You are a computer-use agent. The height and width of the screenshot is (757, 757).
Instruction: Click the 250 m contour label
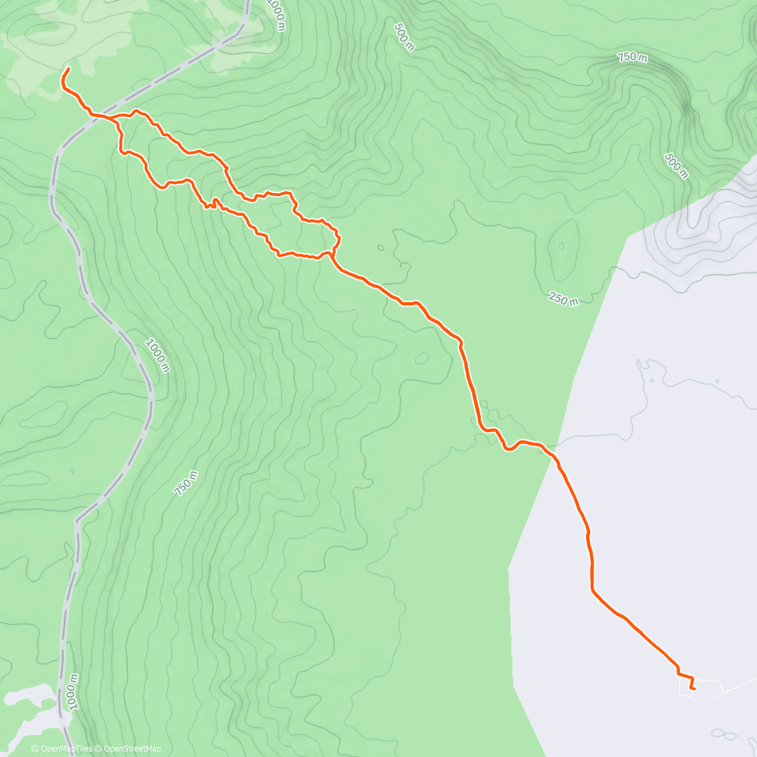click(563, 298)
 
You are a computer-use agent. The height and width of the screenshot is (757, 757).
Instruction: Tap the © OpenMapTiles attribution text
click(61, 749)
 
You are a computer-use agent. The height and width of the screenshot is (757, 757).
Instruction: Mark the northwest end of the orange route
click(68, 68)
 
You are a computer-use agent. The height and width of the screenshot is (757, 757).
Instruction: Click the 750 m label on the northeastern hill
click(632, 57)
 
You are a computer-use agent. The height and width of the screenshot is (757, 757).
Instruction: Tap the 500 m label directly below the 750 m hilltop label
click(676, 165)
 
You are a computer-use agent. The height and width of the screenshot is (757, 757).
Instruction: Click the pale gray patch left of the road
click(28, 700)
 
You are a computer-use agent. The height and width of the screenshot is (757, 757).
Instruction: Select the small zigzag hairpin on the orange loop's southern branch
click(211, 203)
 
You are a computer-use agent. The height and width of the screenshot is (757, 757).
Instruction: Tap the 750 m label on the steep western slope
click(185, 483)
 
